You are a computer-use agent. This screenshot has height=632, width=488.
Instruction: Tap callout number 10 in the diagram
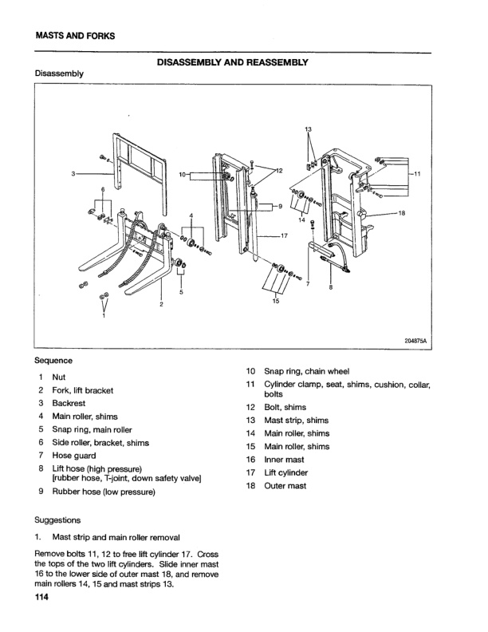pyautogui.click(x=183, y=174)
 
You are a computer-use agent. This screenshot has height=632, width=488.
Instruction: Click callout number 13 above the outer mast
pyautogui.click(x=309, y=128)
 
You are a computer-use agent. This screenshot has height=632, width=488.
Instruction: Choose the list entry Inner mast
pyautogui.click(x=285, y=459)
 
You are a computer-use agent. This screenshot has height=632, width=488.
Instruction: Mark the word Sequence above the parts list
pyautogui.click(x=53, y=361)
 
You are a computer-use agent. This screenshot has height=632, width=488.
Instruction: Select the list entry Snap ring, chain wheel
pyautogui.click(x=306, y=371)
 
